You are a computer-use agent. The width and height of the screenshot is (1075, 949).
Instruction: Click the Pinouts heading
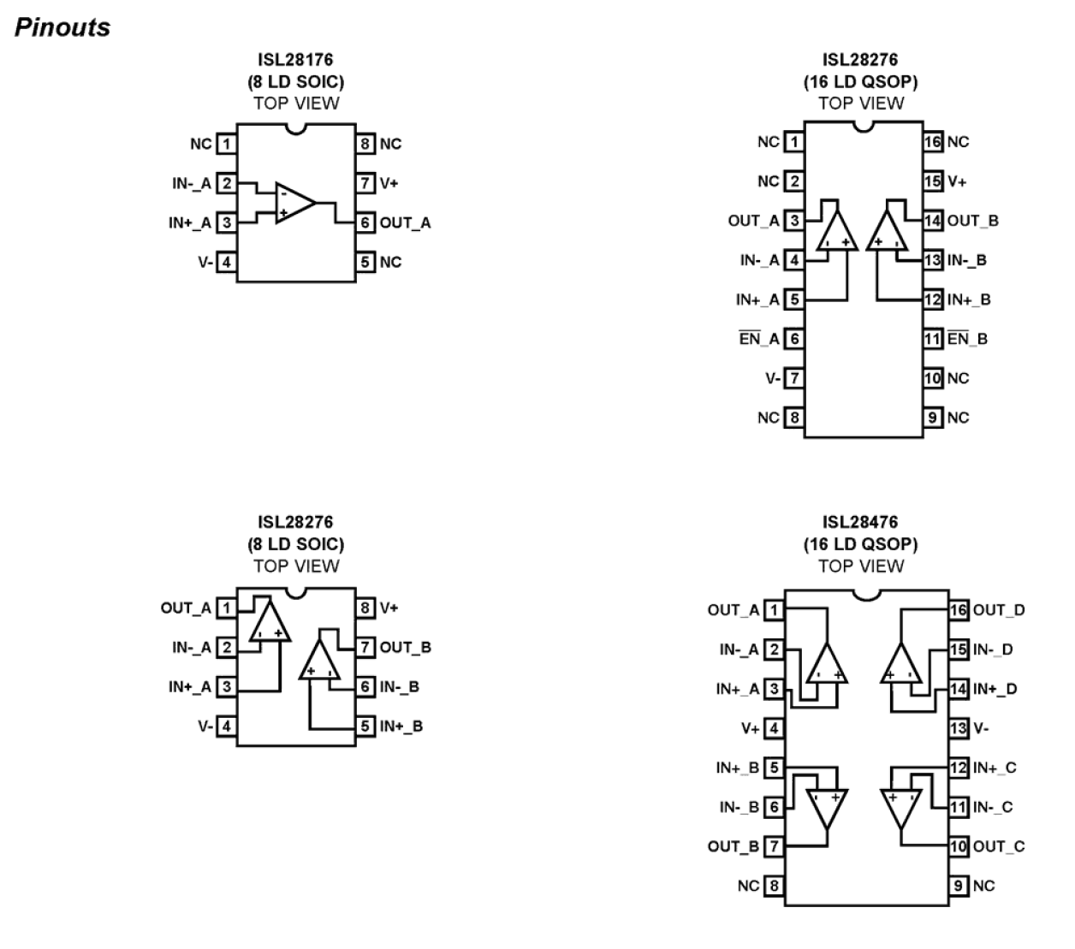point(62,27)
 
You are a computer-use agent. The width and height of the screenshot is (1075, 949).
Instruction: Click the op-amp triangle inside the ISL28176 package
point(294,203)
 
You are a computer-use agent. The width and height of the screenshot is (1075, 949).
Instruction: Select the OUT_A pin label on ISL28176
point(405,223)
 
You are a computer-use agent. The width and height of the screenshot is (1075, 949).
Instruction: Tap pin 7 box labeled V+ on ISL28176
point(366,183)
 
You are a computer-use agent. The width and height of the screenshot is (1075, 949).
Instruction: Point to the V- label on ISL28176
point(205,262)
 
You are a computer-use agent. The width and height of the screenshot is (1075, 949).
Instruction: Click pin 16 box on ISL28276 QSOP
point(933,142)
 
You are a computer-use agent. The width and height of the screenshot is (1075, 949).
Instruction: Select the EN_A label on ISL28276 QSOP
point(759,339)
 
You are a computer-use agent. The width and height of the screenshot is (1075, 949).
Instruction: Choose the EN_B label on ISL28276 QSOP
point(967,339)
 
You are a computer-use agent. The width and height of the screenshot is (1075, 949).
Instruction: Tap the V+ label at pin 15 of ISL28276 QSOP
point(957,181)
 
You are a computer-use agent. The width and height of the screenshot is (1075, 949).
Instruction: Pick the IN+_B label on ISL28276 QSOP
point(969,300)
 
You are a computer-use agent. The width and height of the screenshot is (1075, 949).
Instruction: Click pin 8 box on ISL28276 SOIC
point(366,608)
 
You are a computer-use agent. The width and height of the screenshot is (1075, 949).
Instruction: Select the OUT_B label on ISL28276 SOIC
point(405,648)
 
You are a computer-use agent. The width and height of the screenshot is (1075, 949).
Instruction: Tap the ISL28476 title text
point(860,522)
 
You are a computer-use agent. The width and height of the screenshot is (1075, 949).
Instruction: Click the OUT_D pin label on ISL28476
point(998,610)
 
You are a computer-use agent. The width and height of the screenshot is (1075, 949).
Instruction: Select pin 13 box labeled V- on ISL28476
point(959,728)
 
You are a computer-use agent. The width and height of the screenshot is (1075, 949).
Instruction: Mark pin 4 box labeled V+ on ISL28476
point(774,728)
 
